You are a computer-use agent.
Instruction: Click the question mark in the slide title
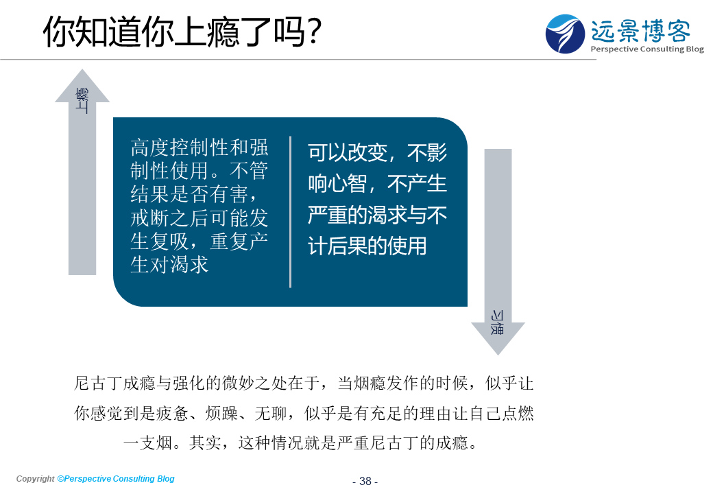click(313, 32)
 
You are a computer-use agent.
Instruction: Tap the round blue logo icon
click(565, 34)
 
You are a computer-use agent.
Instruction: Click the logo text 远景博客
click(640, 30)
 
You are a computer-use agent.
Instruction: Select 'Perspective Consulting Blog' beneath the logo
click(647, 49)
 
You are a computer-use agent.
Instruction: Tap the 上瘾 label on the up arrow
click(82, 101)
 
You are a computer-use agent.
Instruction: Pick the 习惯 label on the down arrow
click(497, 322)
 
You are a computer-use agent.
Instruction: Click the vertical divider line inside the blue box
click(290, 212)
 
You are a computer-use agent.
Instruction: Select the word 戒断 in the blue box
click(150, 218)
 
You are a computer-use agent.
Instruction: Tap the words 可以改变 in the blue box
click(348, 152)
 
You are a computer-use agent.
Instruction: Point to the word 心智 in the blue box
click(348, 184)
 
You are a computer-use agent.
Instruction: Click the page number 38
click(365, 481)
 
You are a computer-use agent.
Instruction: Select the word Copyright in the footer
click(35, 478)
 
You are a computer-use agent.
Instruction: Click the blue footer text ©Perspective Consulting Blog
click(115, 478)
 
